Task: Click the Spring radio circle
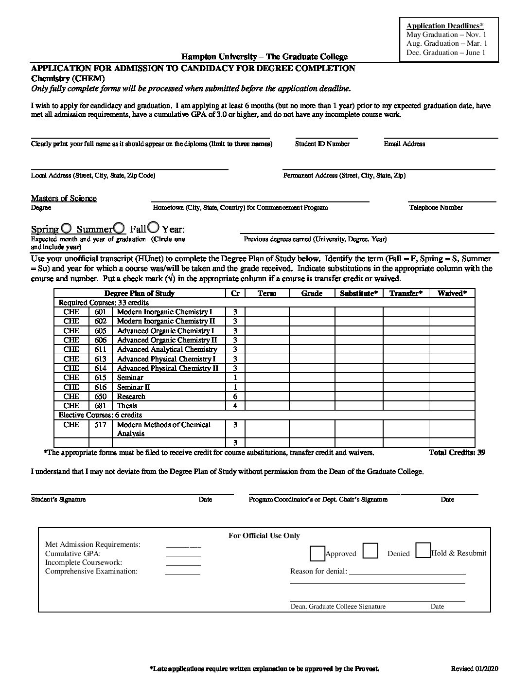67,228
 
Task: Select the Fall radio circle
153,227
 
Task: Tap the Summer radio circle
118,228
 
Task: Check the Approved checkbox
317,554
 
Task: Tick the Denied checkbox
370,550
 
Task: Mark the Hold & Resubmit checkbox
423,550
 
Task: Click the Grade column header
312,293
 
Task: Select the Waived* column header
452,293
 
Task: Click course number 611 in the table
100,349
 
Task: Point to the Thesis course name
127,406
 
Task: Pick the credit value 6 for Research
235,397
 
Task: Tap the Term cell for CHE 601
267,312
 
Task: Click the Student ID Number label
322,144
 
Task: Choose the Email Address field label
404,144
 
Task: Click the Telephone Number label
436,207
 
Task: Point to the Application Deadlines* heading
445,26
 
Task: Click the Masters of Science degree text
64,198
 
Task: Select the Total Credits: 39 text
457,452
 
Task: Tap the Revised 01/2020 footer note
474,669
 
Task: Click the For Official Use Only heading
264,536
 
